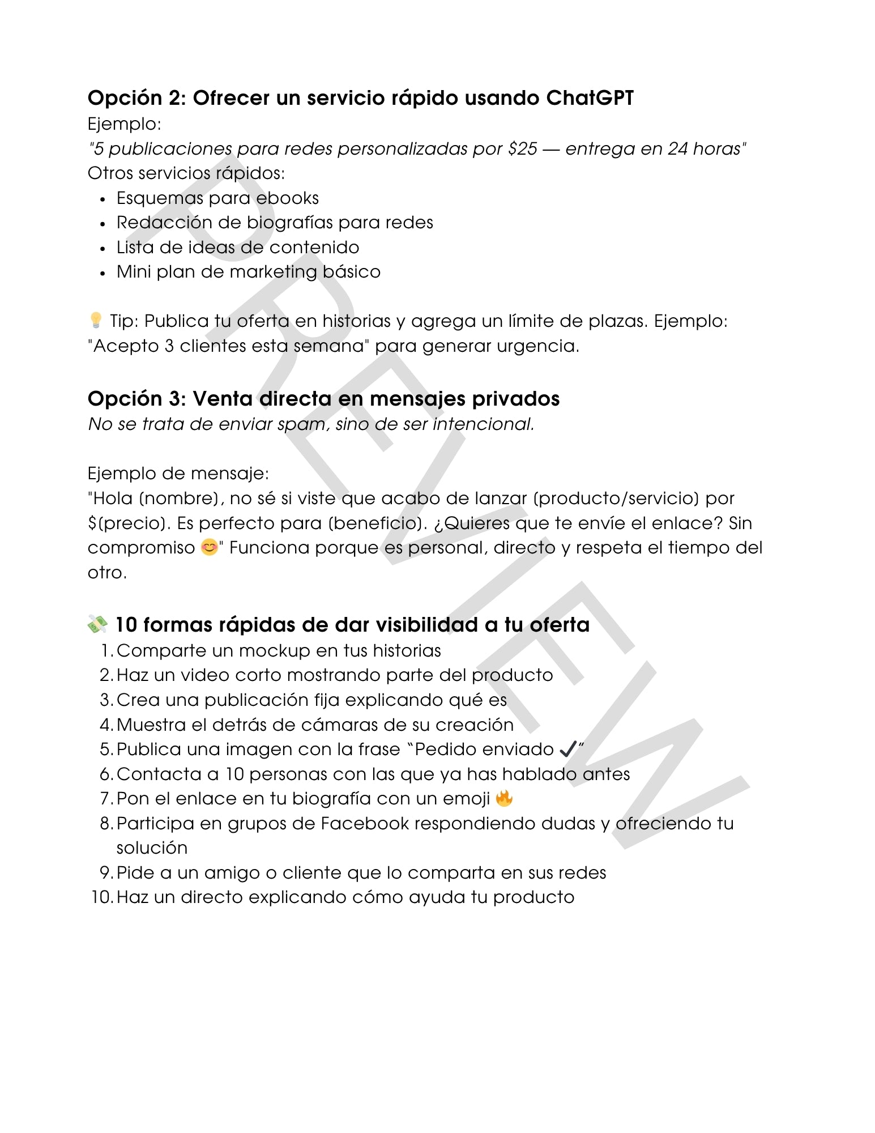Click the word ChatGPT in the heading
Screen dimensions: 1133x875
pos(590,98)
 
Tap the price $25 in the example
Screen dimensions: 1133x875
pos(522,148)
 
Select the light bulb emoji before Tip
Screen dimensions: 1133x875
pos(96,321)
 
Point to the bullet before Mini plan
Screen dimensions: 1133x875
pos(103,273)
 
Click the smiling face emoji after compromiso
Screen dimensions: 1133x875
pos(209,548)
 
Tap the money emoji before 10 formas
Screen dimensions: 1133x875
pos(97,624)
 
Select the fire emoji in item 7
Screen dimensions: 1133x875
pos(504,799)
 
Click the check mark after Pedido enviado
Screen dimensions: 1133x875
pos(567,749)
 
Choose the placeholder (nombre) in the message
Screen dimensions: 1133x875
pos(179,499)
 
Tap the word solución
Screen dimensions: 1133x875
pos(152,848)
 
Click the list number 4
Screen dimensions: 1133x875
pos(106,725)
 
